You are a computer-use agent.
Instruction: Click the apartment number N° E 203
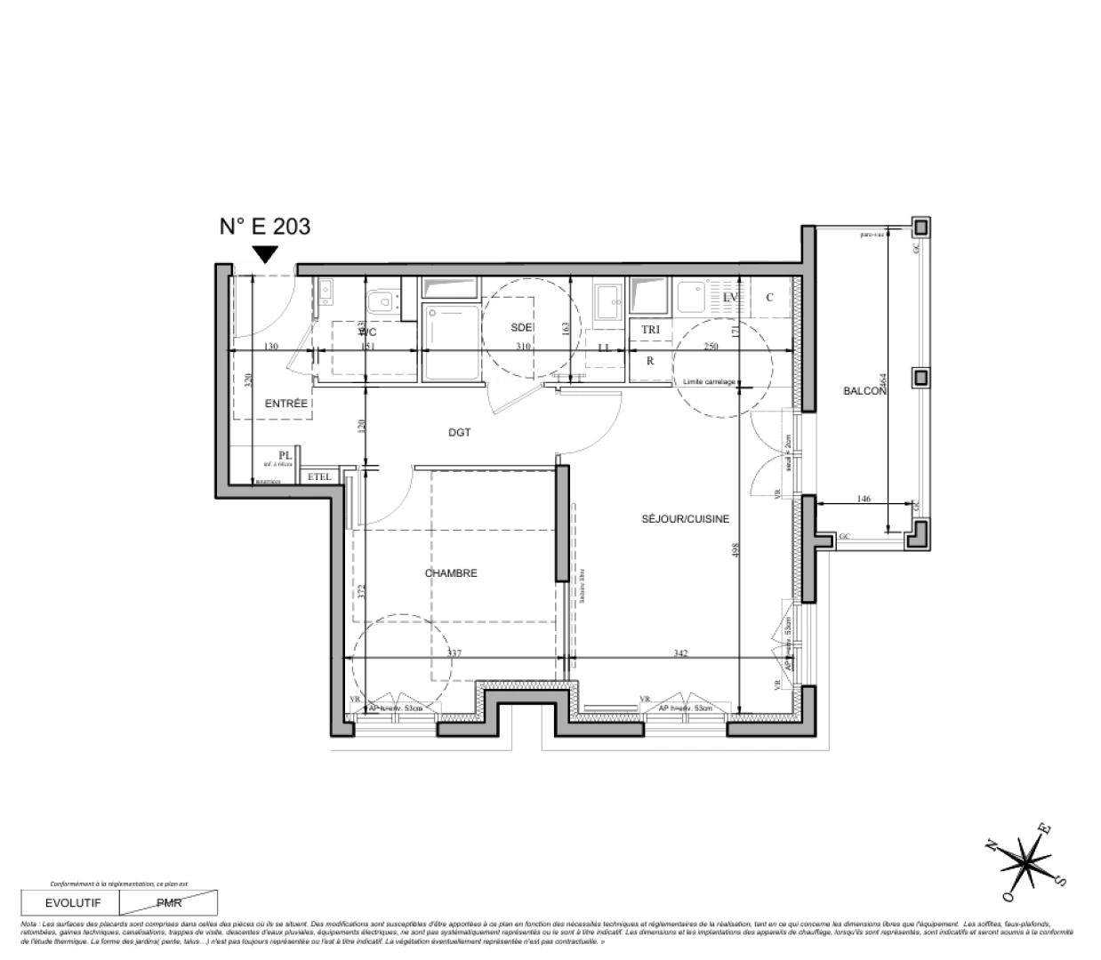click(x=265, y=227)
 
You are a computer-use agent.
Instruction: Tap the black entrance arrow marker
click(x=264, y=255)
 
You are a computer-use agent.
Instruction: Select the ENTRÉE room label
click(x=286, y=404)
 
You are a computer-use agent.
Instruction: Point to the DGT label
click(x=459, y=433)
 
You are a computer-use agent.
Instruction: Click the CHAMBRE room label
click(x=451, y=573)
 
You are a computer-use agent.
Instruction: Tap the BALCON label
click(x=865, y=391)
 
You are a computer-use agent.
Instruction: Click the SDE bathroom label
click(x=521, y=327)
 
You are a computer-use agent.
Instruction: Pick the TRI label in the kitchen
click(x=651, y=330)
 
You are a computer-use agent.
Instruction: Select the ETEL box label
click(x=319, y=477)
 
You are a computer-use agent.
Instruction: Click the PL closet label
click(x=285, y=454)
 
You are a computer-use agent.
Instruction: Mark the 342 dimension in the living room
click(x=680, y=653)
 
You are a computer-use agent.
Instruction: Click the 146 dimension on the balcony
click(x=864, y=500)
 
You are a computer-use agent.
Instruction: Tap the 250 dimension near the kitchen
click(x=711, y=347)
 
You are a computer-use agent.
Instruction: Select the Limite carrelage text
click(x=709, y=382)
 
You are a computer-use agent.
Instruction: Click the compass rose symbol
click(x=1028, y=859)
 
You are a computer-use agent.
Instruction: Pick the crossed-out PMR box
click(x=168, y=903)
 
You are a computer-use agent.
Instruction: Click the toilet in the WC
click(x=384, y=301)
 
